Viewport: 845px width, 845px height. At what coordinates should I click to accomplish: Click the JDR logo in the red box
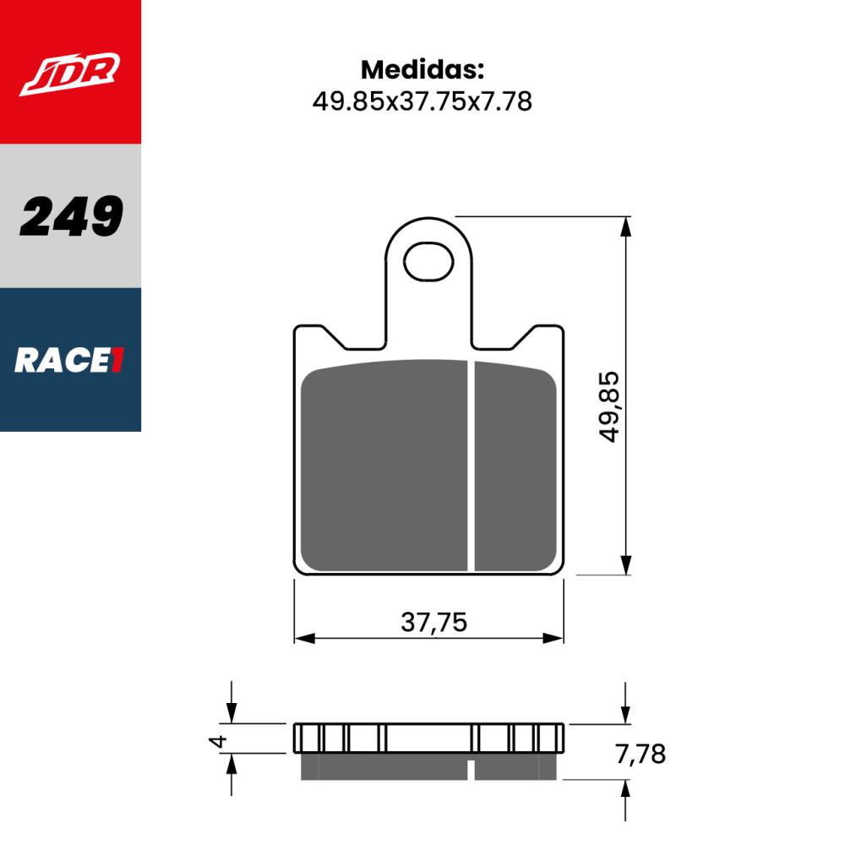pyautogui.click(x=70, y=74)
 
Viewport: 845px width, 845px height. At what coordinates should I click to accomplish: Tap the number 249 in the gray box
pyautogui.click(x=71, y=216)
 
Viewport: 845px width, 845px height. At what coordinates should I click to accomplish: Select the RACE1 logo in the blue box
pyautogui.click(x=70, y=361)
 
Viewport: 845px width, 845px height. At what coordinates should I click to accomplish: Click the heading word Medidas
pyautogui.click(x=422, y=69)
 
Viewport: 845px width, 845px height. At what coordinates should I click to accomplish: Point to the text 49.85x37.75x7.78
pyautogui.click(x=422, y=102)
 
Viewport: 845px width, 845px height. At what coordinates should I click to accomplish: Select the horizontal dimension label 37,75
pyautogui.click(x=433, y=622)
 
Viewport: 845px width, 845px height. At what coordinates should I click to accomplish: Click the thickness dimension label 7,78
pyautogui.click(x=641, y=753)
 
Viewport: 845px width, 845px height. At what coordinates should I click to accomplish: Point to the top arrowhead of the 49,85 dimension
pyautogui.click(x=625, y=227)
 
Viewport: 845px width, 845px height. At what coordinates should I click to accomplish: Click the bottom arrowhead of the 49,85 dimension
pyautogui.click(x=625, y=564)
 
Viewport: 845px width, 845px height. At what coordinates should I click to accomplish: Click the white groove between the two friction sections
pyautogui.click(x=471, y=465)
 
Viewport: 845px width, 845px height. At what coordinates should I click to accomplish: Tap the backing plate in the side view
pyautogui.click(x=428, y=738)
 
